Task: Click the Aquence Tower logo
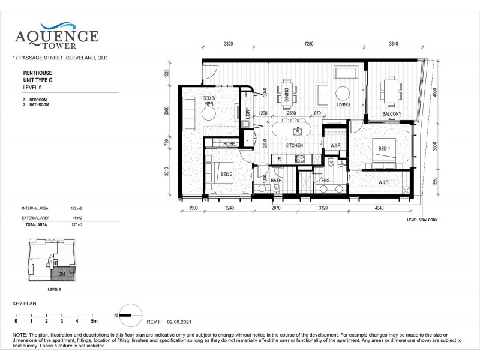[56, 34]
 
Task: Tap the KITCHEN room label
[293, 146]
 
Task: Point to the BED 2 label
[226, 174]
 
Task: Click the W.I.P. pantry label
[335, 146]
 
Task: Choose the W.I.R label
[385, 182]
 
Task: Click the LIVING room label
[343, 104]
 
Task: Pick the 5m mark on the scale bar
[94, 321]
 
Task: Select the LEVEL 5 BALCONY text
[422, 220]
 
